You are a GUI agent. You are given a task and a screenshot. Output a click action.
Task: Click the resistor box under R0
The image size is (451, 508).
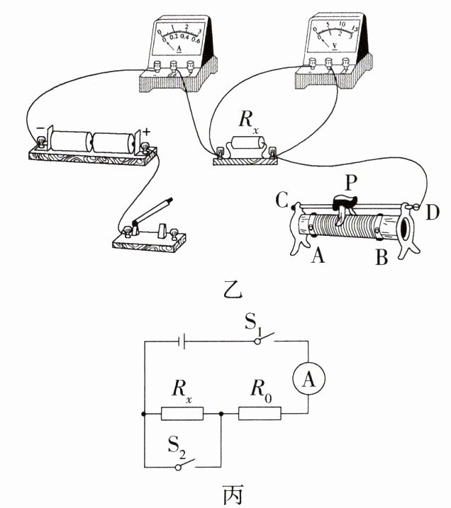tap(260, 413)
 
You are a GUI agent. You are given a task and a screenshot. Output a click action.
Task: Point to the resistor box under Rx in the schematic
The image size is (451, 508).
tap(182, 413)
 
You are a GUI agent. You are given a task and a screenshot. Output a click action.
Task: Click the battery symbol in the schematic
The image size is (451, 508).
tap(182, 342)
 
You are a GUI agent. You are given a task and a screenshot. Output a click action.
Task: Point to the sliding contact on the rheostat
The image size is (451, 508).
tap(345, 208)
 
